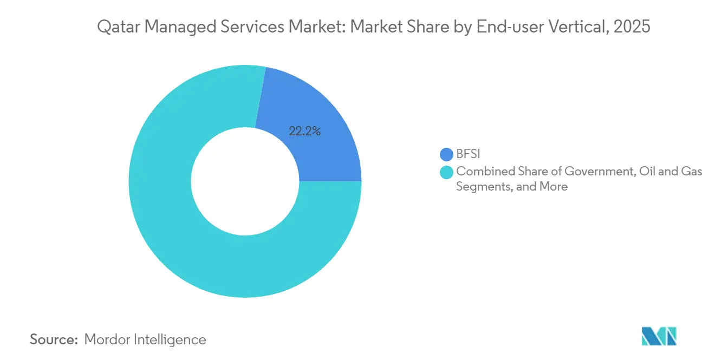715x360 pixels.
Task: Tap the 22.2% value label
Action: point(304,132)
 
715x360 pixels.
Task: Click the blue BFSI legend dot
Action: point(446,154)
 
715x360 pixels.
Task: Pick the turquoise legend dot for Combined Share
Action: point(446,172)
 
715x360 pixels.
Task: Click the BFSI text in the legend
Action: point(469,154)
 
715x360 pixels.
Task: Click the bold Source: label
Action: point(54,339)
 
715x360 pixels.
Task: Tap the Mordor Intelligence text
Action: point(145,339)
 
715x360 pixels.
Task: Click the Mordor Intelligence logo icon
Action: point(659,336)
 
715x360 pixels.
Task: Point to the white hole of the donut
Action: point(245,181)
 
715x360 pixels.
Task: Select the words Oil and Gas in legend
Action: point(671,172)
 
